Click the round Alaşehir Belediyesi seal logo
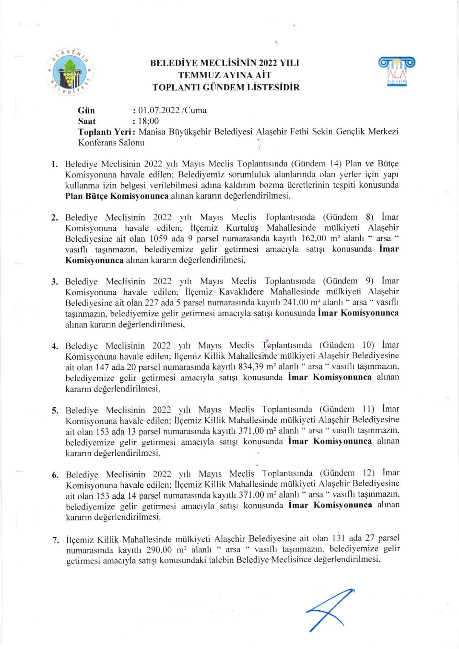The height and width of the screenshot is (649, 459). click(x=70, y=72)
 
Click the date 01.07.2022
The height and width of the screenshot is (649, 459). click(x=159, y=110)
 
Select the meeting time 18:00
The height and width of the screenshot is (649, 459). click(x=148, y=121)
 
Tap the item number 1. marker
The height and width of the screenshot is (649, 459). click(x=54, y=164)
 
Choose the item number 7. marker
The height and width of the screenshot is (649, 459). click(x=56, y=540)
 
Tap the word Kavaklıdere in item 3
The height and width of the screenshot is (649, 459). click(x=241, y=292)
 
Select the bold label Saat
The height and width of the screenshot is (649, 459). click(x=87, y=121)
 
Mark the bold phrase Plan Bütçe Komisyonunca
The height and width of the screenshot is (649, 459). click(x=117, y=196)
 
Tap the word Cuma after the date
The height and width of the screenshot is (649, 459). click(x=196, y=110)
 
